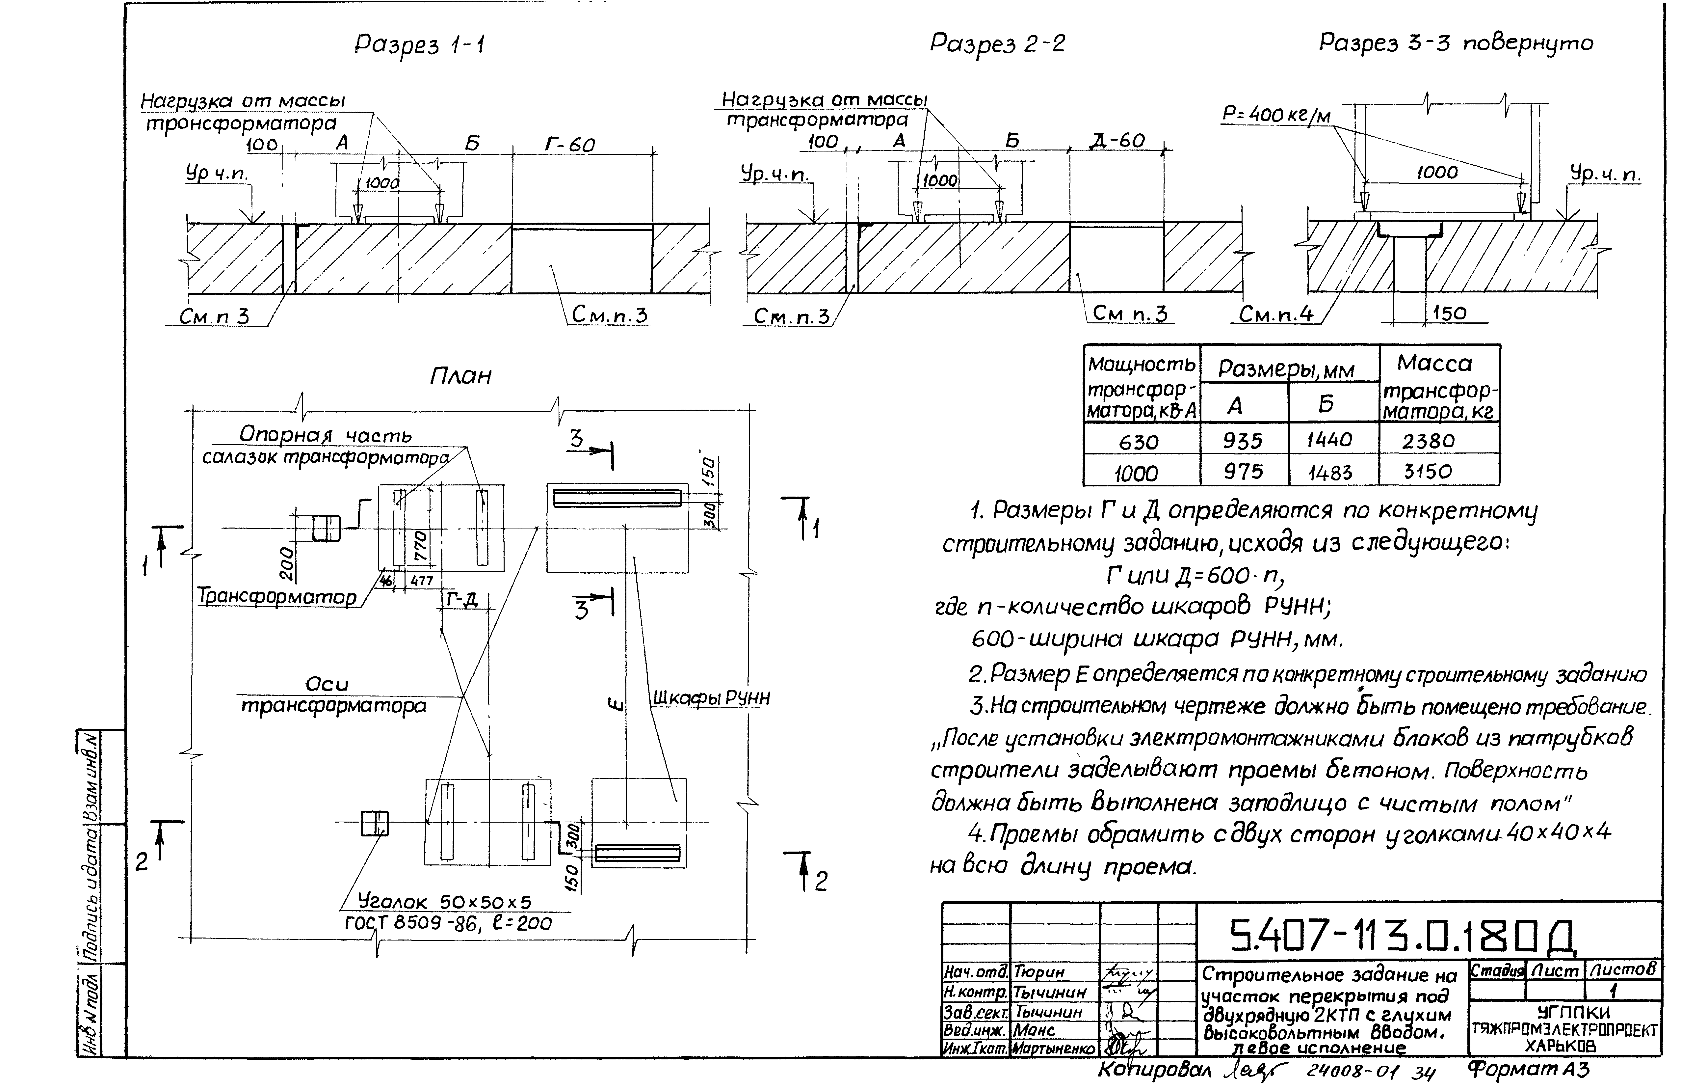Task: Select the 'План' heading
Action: click(x=460, y=375)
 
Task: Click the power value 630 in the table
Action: click(x=1139, y=442)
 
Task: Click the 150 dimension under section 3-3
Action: click(x=1449, y=313)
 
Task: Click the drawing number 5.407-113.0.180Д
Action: click(x=1402, y=938)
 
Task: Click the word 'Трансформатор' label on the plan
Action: click(x=277, y=597)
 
